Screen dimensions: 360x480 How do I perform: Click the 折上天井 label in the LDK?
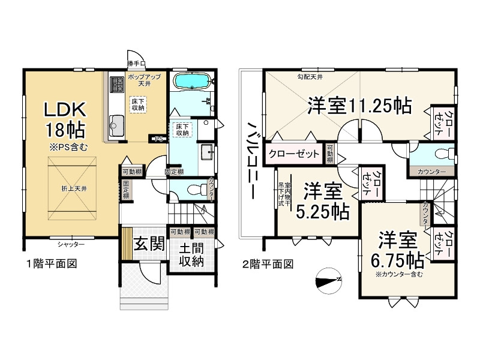pyautogui.click(x=74, y=189)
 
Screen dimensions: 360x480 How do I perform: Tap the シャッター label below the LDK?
pyautogui.click(x=71, y=244)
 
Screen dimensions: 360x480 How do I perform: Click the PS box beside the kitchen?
pyautogui.click(x=158, y=139)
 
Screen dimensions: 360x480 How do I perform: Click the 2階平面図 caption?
pyautogui.click(x=268, y=264)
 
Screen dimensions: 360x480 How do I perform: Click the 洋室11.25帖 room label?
pyautogui.click(x=359, y=106)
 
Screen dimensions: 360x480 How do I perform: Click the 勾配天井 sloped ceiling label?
pyautogui.click(x=310, y=77)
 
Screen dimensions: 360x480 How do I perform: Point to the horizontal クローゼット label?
pyautogui.click(x=294, y=154)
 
